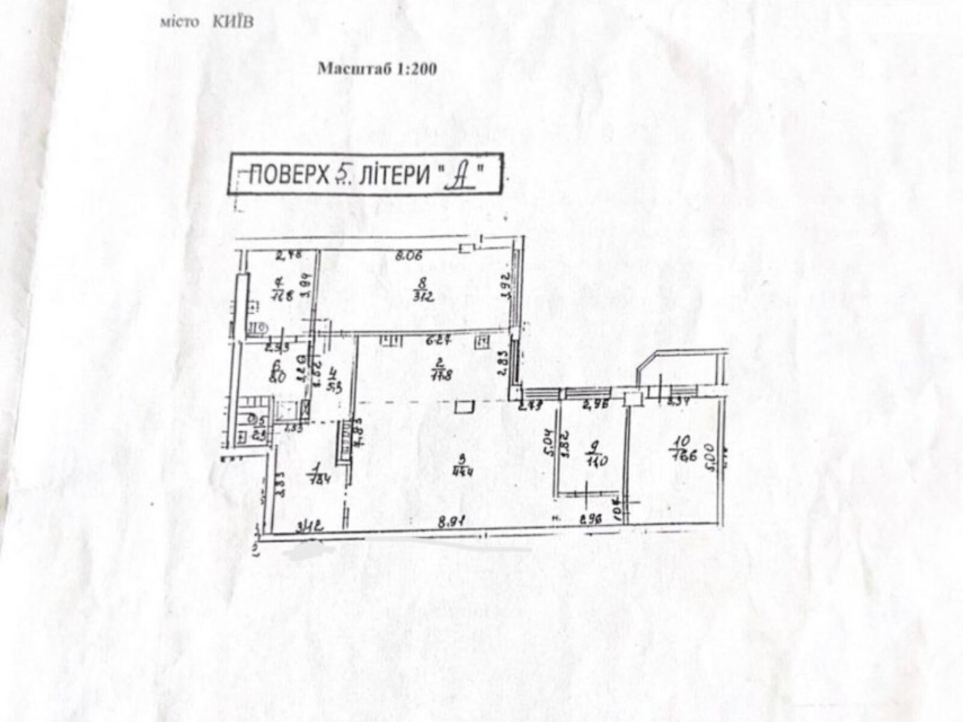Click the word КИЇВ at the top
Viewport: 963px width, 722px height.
233,22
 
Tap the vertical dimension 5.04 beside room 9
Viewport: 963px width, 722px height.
547,443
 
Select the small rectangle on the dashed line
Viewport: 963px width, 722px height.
463,407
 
